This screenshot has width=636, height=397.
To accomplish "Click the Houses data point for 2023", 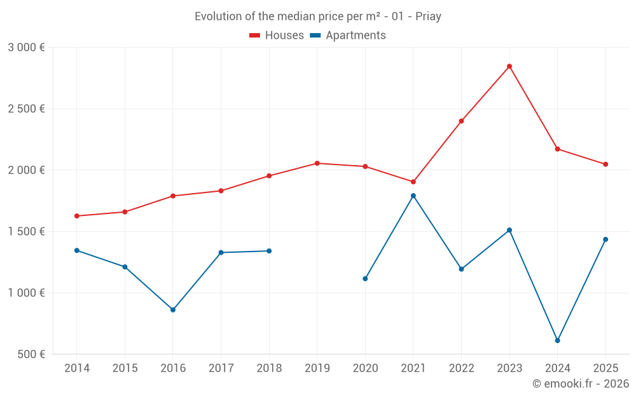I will point(509,66).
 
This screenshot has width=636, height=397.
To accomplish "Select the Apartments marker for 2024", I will point(557,340).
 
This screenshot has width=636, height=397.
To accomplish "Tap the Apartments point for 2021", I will point(413,196).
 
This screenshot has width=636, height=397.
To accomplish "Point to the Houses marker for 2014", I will point(77,216).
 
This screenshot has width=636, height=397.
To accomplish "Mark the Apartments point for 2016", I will point(173,310).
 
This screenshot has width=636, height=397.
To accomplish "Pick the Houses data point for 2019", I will point(317,163).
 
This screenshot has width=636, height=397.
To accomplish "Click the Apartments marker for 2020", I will point(365,279).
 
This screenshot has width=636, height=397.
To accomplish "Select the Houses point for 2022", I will point(461,121).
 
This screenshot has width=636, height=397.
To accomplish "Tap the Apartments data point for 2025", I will point(605,239).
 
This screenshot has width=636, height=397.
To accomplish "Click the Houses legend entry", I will point(277,36).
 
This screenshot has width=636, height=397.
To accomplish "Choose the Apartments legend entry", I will point(348,36).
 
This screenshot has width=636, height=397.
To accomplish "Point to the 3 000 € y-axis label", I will point(27,47).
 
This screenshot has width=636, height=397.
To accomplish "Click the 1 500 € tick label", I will point(27,231).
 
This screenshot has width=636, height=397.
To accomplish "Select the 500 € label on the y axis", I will point(31,354).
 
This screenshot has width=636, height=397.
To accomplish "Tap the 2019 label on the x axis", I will point(317,368).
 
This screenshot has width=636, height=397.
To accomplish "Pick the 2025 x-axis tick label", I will point(605,368).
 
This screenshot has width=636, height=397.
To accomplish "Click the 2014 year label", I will point(77,368).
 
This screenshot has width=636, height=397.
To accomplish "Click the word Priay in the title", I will point(428,17).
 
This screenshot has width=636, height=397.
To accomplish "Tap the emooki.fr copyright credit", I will point(581,384).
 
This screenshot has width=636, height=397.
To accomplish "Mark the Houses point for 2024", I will point(557,149).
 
